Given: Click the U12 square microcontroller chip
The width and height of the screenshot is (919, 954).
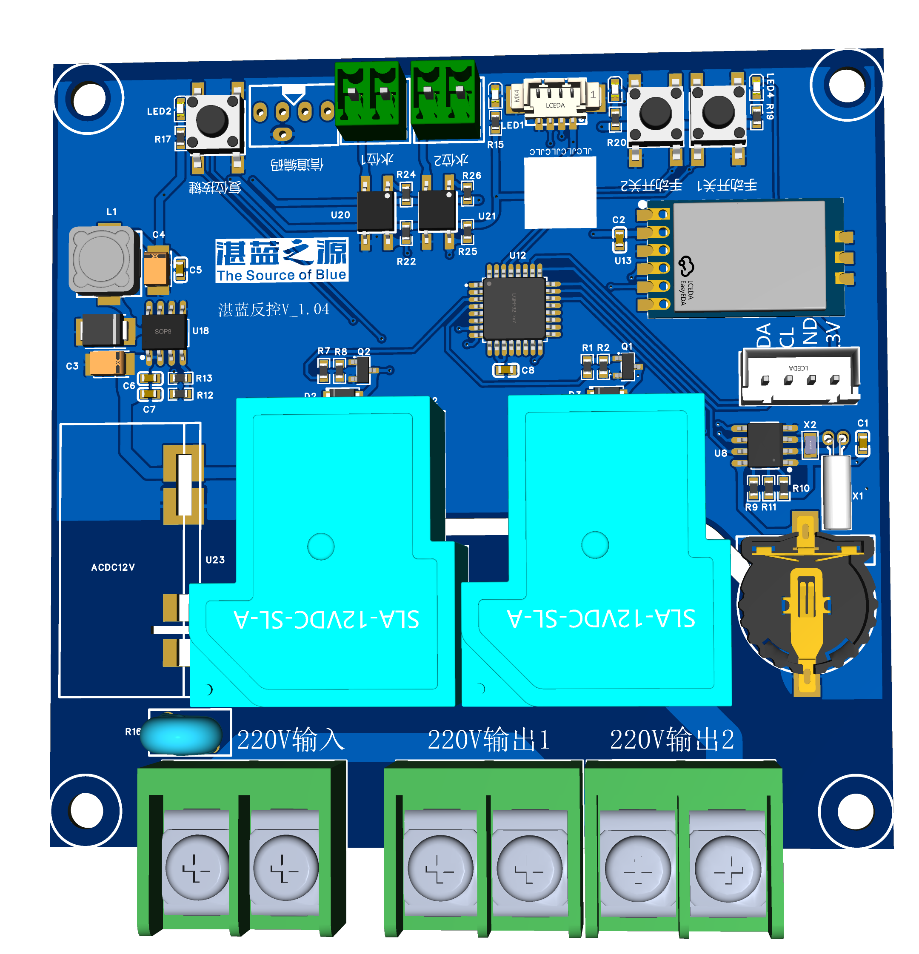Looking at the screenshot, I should click(x=514, y=308).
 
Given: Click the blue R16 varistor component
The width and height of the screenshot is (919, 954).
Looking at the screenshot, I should click(x=181, y=735).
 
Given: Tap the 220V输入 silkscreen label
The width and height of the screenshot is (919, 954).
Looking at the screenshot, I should click(x=291, y=740).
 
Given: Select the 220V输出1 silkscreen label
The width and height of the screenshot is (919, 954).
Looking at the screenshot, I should click(x=488, y=740).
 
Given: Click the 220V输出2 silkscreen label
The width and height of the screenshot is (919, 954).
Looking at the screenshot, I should click(x=672, y=740).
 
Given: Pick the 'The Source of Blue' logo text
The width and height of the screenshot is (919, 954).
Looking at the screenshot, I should click(x=282, y=275).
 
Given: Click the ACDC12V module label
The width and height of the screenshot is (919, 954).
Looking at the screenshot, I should click(x=113, y=567).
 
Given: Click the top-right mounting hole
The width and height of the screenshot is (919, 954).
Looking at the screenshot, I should click(x=847, y=84).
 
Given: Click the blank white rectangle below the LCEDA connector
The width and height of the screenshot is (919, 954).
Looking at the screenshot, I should click(x=560, y=192).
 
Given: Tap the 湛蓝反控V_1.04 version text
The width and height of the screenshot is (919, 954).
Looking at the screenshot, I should click(x=273, y=310).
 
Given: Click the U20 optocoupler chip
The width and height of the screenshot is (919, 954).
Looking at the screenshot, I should click(x=376, y=212).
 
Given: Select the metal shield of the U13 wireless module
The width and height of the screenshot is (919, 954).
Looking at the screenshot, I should click(x=749, y=256).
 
